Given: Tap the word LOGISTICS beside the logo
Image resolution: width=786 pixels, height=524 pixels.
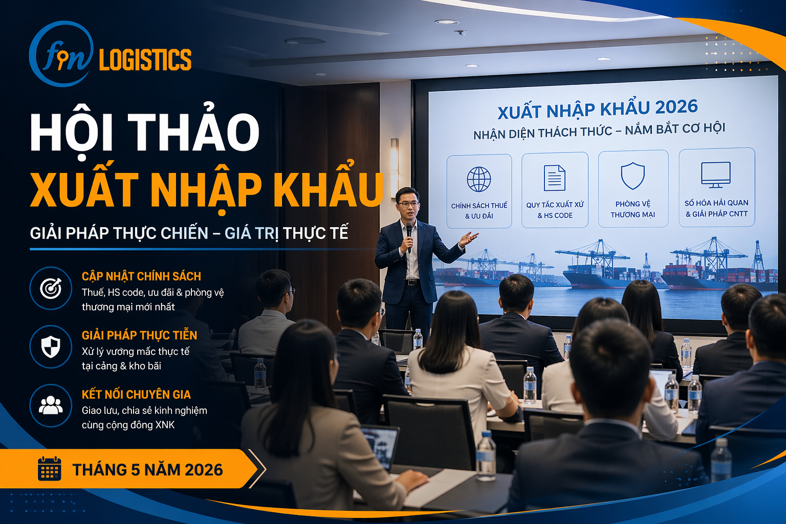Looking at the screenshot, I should click(x=145, y=60).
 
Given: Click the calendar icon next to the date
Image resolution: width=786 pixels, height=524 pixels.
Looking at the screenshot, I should click(x=50, y=468).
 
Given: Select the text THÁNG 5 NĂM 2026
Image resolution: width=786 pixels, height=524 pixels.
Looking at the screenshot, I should click(x=147, y=470).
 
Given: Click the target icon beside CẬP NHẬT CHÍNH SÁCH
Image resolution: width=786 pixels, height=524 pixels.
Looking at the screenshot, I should click(x=51, y=289).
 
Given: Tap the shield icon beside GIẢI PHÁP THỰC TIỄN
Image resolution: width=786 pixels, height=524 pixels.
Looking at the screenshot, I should click(x=51, y=347).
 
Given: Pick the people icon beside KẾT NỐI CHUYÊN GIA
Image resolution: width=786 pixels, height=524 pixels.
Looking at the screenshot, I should click(x=51, y=406).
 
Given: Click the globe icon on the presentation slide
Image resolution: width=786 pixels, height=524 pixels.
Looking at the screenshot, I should click(x=479, y=179).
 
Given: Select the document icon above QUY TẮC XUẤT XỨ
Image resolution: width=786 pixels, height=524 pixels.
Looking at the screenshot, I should click(x=554, y=178).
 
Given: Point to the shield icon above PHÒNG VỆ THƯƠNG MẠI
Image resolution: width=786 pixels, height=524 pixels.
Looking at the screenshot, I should click(x=632, y=176).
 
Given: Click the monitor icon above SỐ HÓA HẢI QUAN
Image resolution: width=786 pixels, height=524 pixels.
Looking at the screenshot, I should click(x=715, y=174).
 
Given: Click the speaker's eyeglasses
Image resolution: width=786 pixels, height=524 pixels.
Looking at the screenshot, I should click(x=408, y=204).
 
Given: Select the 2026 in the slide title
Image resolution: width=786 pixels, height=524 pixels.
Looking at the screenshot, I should click(x=676, y=107).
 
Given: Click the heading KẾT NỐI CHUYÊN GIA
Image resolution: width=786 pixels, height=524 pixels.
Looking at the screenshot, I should click(x=136, y=395).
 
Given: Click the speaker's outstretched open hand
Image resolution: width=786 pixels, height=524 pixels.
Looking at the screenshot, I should click(x=469, y=238).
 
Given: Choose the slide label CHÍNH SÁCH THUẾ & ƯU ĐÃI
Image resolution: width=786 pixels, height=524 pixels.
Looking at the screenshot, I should click(x=479, y=211).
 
